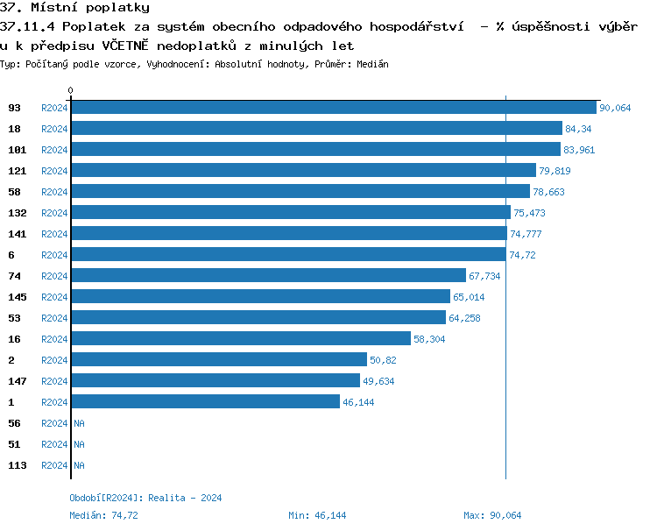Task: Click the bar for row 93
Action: click(334, 108)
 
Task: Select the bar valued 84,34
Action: click(316, 129)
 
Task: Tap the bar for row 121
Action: click(303, 171)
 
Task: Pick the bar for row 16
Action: click(241, 339)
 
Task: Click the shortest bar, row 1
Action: click(205, 402)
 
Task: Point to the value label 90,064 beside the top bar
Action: click(615, 108)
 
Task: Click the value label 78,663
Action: click(550, 192)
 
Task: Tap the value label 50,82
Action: click(384, 360)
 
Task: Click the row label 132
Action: click(18, 213)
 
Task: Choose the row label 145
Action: click(18, 297)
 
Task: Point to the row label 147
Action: click(18, 381)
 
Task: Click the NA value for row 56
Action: click(79, 423)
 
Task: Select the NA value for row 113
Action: click(79, 465)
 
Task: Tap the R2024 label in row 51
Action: click(54, 444)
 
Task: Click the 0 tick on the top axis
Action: click(71, 90)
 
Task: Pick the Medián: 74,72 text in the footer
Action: click(103, 515)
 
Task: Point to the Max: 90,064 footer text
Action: click(492, 515)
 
